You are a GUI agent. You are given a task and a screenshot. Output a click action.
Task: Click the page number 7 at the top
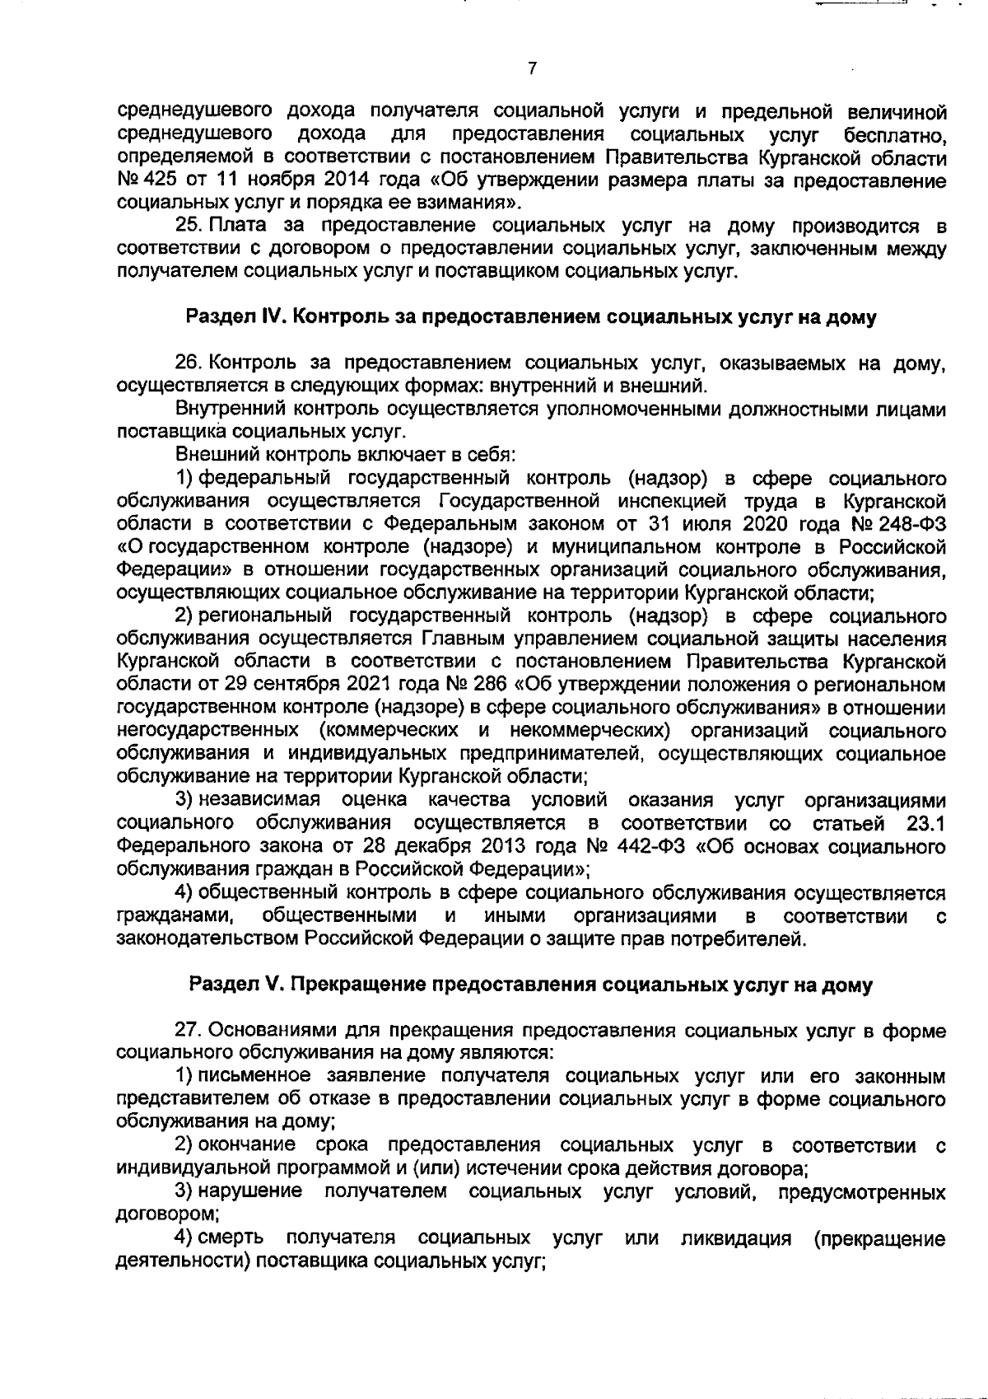(x=533, y=69)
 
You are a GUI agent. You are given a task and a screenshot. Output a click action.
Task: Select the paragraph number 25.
(x=189, y=225)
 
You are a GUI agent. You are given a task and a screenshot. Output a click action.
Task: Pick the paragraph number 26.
(x=189, y=363)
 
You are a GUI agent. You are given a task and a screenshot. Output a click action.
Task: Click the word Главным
(x=462, y=639)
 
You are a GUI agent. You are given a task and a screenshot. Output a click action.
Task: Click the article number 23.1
(x=924, y=823)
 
